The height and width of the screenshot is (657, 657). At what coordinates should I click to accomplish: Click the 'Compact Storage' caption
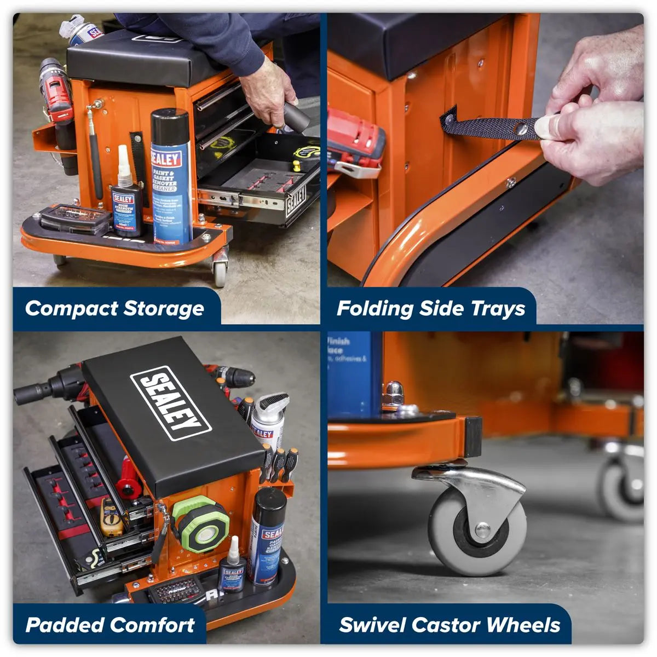pyautogui.click(x=114, y=308)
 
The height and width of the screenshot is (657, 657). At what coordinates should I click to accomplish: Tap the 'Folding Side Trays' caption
pyautogui.click(x=431, y=308)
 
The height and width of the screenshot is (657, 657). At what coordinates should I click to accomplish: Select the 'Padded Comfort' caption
pyautogui.click(x=110, y=625)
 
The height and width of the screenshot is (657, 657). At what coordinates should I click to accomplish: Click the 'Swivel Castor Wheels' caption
pyautogui.click(x=449, y=625)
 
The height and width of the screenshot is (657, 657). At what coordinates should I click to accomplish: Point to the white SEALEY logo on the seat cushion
pyautogui.click(x=170, y=403)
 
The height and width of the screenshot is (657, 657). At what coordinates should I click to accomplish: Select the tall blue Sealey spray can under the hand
pyautogui.click(x=171, y=175)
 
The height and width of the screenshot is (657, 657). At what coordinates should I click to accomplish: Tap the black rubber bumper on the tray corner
pyautogui.click(x=472, y=437)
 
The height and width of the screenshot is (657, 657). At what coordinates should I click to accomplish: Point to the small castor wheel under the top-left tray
pyautogui.click(x=220, y=270)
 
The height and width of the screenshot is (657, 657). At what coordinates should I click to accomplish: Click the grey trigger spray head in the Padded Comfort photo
pyautogui.click(x=272, y=405)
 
